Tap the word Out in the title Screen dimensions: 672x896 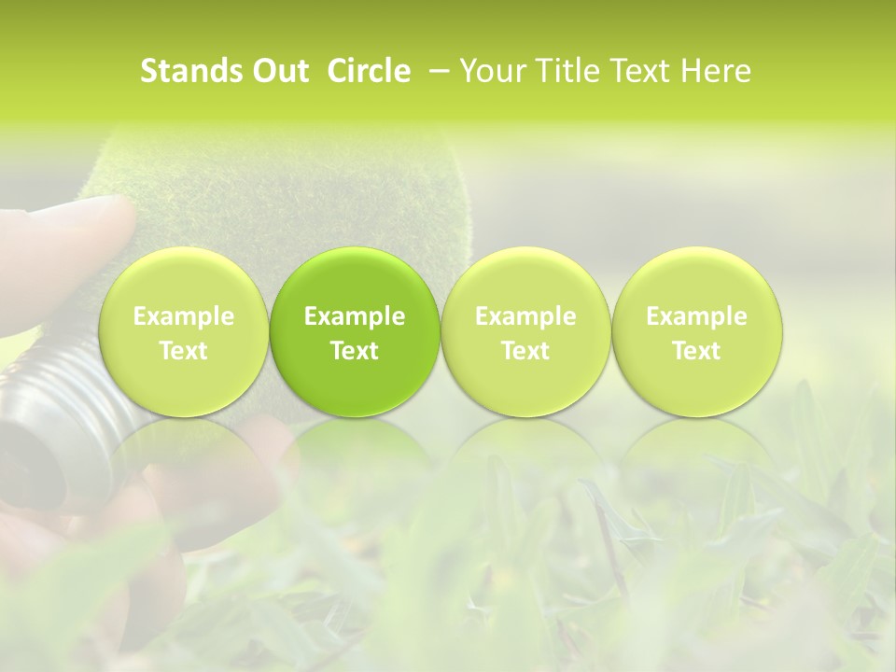(x=279, y=71)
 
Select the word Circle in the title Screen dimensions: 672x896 (x=369, y=71)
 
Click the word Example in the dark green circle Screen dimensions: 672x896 (x=355, y=316)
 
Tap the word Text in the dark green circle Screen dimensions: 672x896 (x=355, y=351)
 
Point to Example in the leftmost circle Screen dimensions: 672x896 (x=184, y=316)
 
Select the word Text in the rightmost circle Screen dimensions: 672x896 (x=696, y=351)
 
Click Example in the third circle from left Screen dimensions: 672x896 (x=525, y=316)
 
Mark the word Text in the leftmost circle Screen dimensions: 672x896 (x=184, y=351)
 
